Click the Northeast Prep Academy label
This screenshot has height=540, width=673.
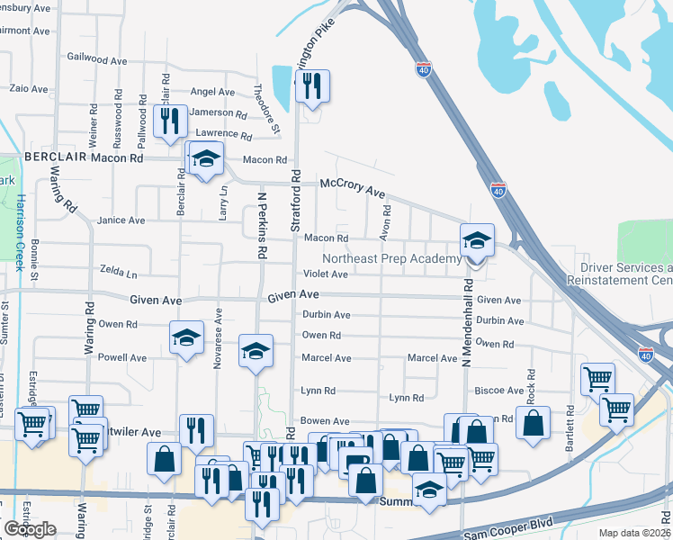pos(391,258)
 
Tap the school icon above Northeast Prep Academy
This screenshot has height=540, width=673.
pos(477,241)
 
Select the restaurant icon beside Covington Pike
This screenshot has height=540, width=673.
pos(312,88)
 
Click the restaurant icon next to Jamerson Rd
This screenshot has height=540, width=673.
pos(170,122)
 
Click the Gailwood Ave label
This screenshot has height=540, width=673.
pos(96,60)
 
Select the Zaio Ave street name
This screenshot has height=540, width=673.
pos(29,89)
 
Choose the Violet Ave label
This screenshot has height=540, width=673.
pos(325,274)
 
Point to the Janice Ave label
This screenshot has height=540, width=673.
pos(121,220)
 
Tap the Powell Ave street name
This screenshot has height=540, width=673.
pos(122,357)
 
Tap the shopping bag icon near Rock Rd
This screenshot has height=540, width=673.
pos(533,426)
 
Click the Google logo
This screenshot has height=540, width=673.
pos(30,529)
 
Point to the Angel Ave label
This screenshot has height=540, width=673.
pos(213,92)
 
